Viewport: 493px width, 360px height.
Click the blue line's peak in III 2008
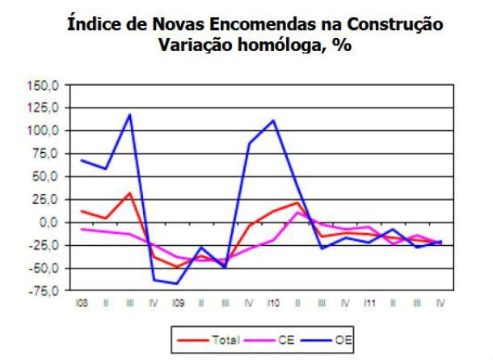[129, 114]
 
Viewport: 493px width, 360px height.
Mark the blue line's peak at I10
[273, 121]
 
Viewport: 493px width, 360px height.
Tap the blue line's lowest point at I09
[177, 284]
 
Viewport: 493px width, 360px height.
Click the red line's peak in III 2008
[129, 193]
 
